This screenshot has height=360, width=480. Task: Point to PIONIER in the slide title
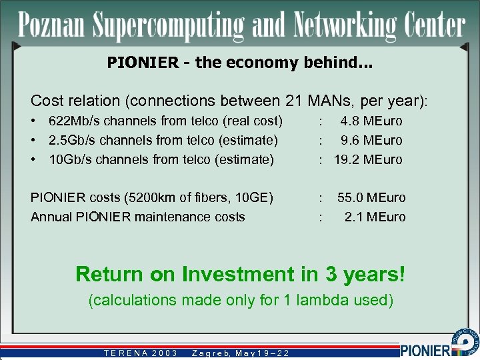click(x=143, y=63)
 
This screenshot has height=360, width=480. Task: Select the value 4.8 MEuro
click(x=371, y=121)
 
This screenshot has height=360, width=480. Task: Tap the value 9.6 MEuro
click(x=371, y=141)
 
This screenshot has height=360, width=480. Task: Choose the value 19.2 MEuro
click(x=368, y=159)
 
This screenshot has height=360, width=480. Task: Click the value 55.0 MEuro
click(x=371, y=197)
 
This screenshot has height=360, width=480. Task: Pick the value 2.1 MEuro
click(x=375, y=217)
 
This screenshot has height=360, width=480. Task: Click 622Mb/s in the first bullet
click(x=74, y=121)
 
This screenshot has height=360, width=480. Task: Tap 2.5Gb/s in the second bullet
click(x=72, y=141)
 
